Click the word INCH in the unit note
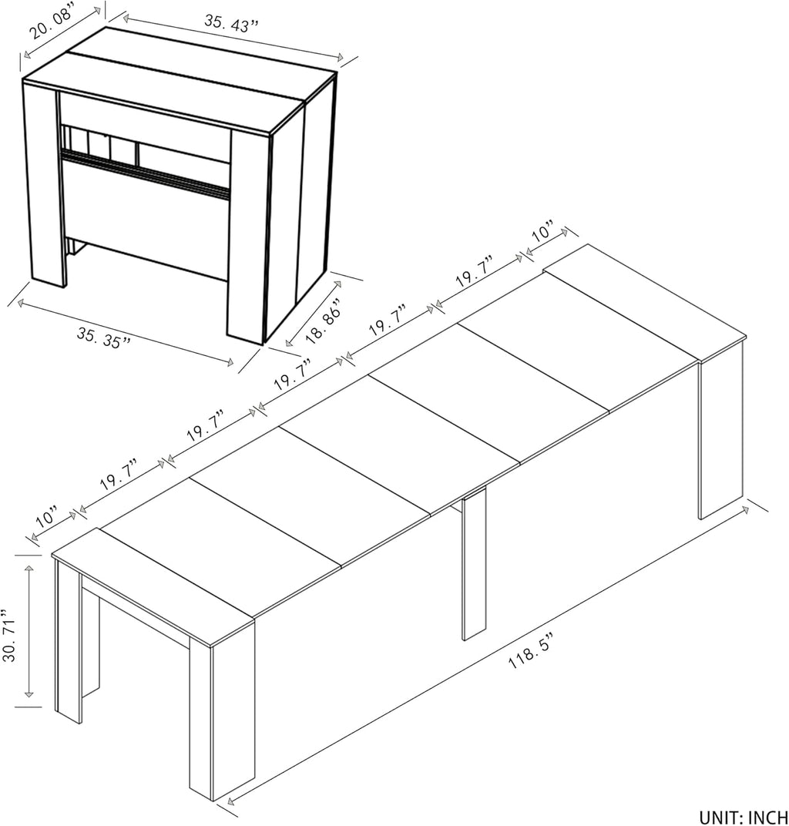767,817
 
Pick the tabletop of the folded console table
179,78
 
